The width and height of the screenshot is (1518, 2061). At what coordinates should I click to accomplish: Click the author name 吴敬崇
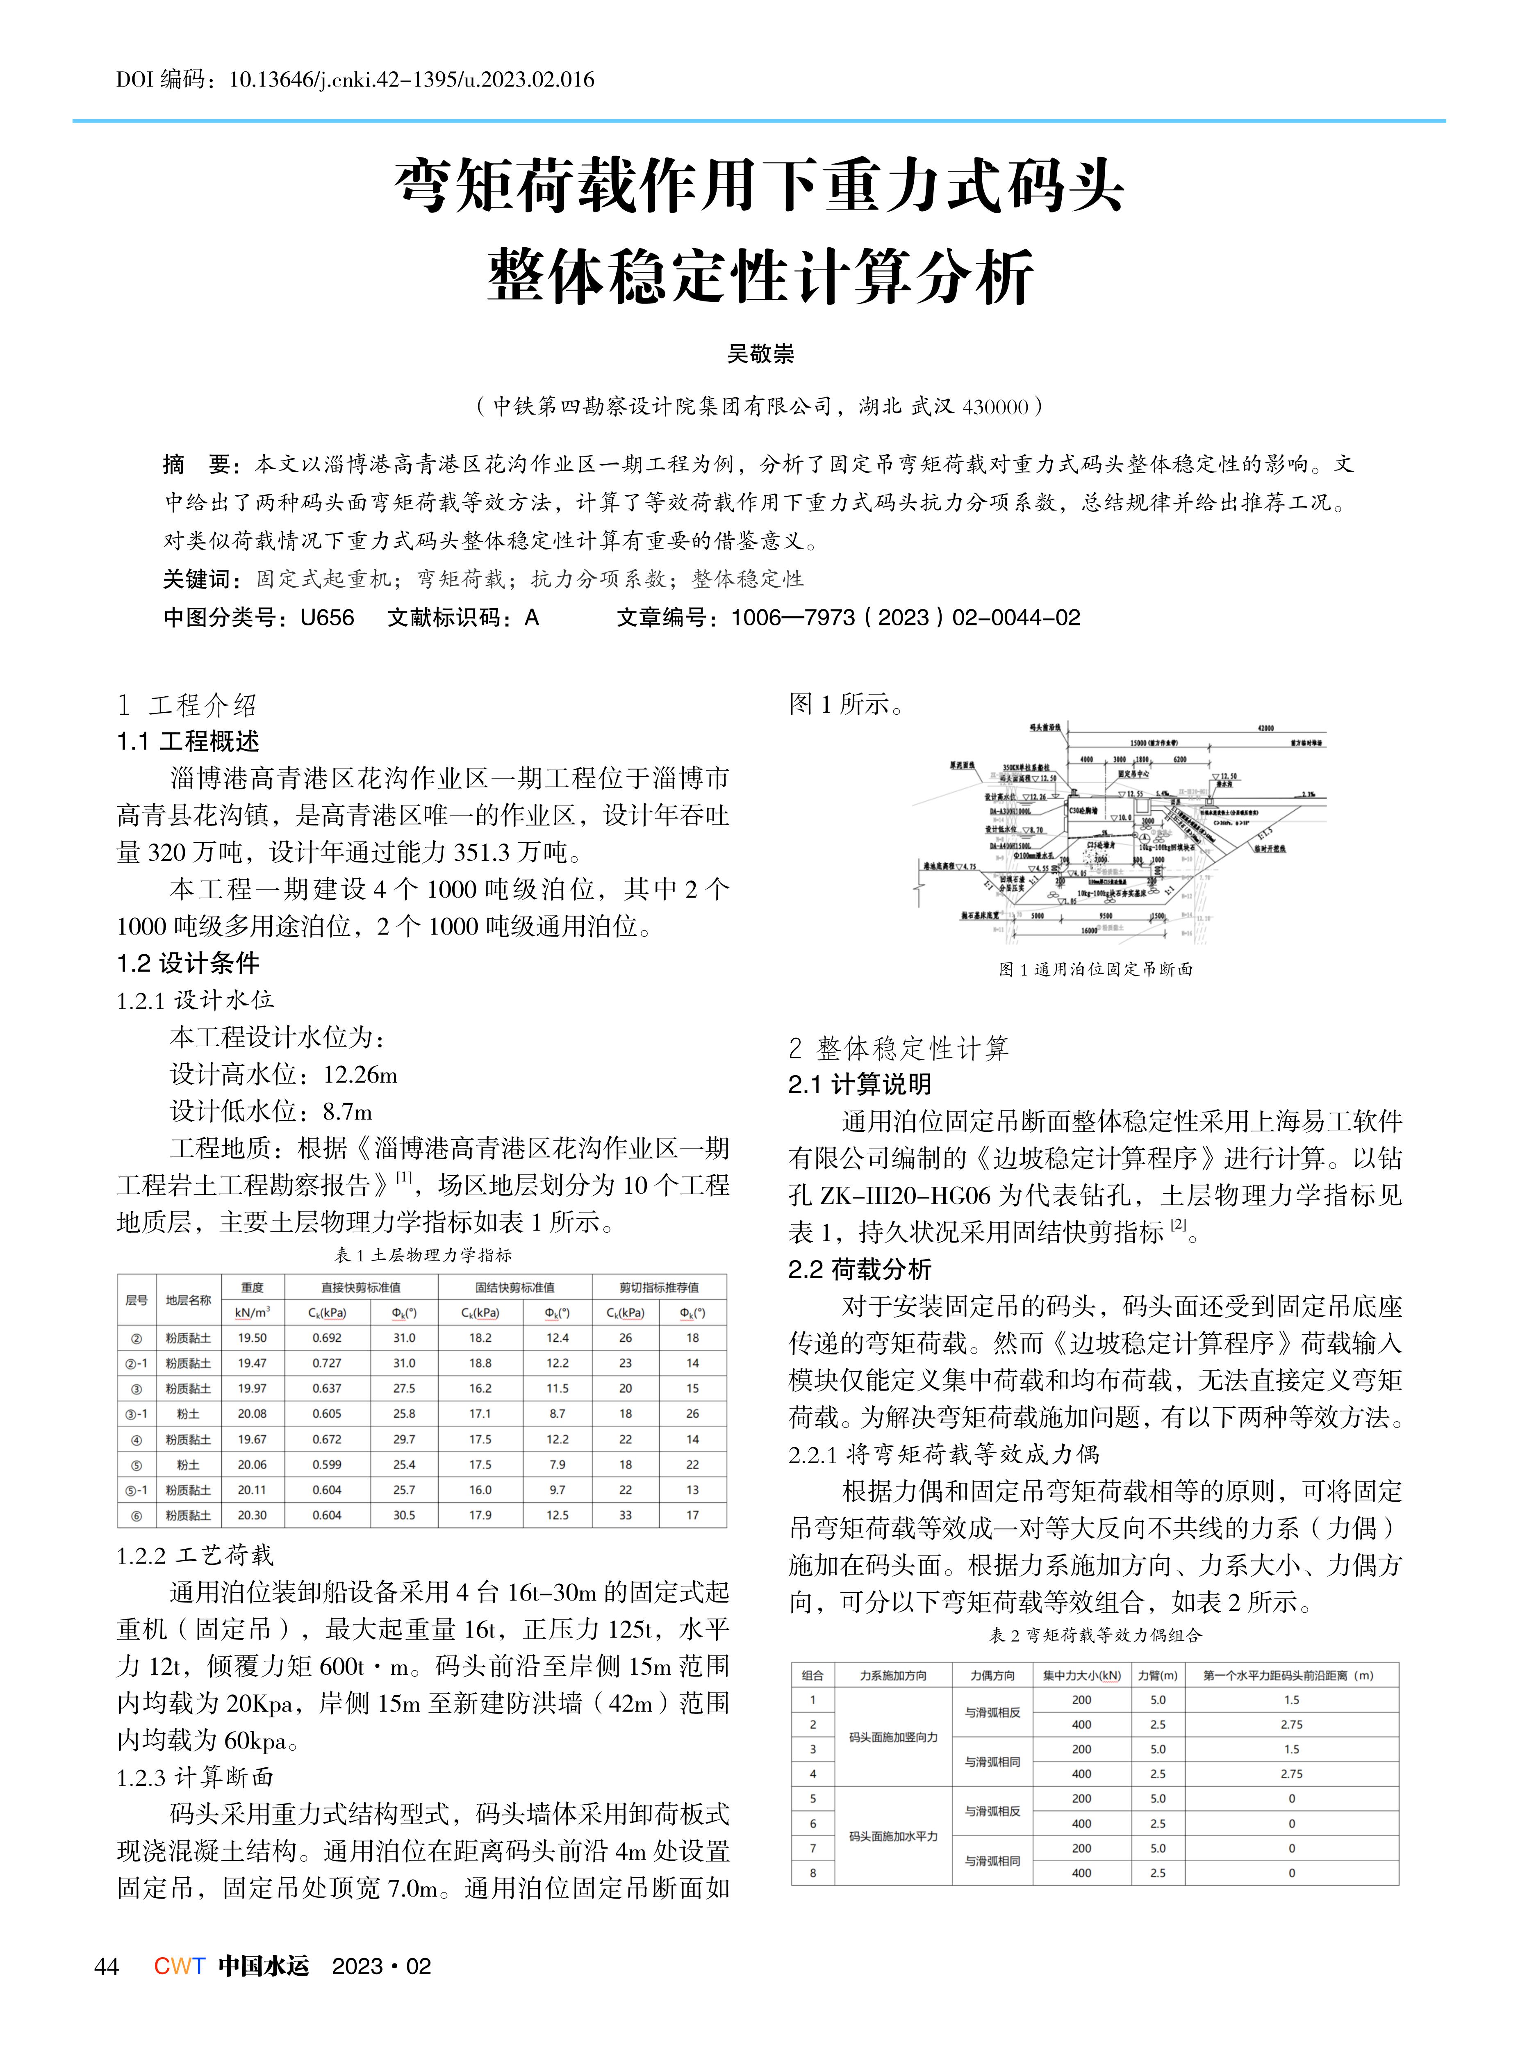pyautogui.click(x=760, y=354)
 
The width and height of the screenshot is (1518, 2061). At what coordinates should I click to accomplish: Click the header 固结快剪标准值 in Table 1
pyautogui.click(x=514, y=1288)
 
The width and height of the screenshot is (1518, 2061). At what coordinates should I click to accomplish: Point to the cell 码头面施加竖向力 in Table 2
pyautogui.click(x=893, y=1737)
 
